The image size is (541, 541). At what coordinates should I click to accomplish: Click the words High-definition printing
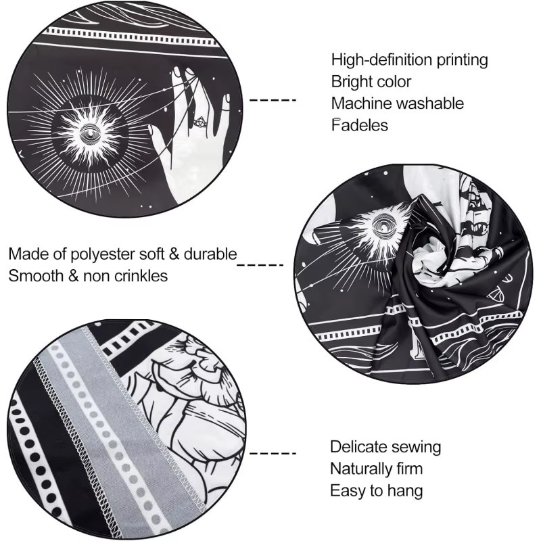pyautogui.click(x=410, y=60)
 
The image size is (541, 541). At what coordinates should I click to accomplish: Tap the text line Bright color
pyautogui.click(x=371, y=82)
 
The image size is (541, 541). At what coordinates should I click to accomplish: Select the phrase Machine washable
pyautogui.click(x=398, y=103)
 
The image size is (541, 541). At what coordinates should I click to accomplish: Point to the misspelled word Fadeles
pyautogui.click(x=360, y=125)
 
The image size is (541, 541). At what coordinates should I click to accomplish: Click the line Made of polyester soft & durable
pyautogui.click(x=122, y=254)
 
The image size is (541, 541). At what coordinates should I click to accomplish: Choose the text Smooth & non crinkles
pyautogui.click(x=88, y=276)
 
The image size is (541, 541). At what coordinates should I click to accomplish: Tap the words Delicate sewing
pyautogui.click(x=385, y=447)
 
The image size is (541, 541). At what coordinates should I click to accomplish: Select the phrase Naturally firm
pyautogui.click(x=377, y=469)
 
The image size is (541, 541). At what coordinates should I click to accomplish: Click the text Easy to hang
pyautogui.click(x=377, y=491)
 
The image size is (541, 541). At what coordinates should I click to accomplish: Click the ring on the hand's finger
pyautogui.click(x=199, y=122)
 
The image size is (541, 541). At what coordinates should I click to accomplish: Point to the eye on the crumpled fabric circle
pyautogui.click(x=383, y=225)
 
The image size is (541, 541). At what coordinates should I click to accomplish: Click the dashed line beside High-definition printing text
pyautogui.click(x=273, y=100)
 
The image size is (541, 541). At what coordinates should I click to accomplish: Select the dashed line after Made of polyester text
pyautogui.click(x=260, y=265)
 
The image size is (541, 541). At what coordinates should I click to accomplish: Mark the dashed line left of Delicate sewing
pyautogui.click(x=273, y=453)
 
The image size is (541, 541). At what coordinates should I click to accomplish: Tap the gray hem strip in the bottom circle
pyautogui.click(x=114, y=431)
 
